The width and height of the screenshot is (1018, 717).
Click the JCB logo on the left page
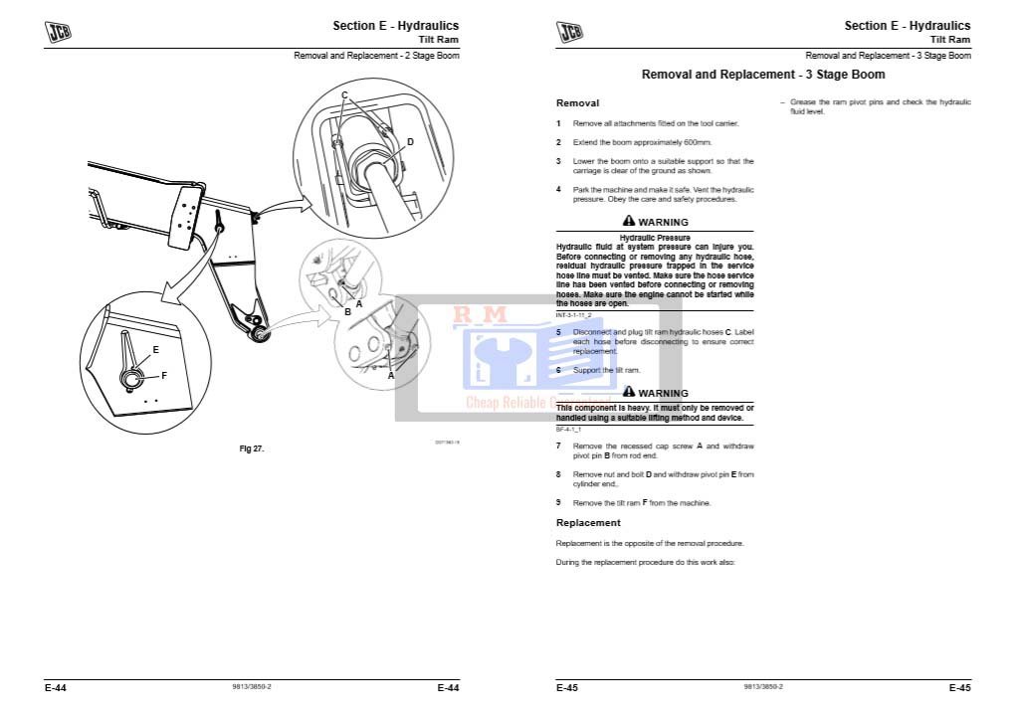tap(59, 32)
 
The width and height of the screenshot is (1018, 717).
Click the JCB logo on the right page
tap(570, 32)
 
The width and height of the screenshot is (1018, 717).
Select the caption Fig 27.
tap(252, 448)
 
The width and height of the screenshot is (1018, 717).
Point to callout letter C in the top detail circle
tap(344, 95)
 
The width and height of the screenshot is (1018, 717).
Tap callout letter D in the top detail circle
tap(409, 142)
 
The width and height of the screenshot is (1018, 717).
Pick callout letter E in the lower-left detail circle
tap(155, 350)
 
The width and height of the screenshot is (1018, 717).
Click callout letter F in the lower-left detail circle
tap(163, 375)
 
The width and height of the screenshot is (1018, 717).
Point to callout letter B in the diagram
tap(347, 312)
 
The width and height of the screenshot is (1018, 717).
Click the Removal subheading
tap(577, 103)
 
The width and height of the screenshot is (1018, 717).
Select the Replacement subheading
tap(587, 523)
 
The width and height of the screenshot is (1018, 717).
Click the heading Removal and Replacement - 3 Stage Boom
tap(762, 75)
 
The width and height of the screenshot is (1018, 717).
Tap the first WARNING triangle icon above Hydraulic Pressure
tap(628, 222)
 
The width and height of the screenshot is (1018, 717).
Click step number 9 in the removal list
tap(558, 503)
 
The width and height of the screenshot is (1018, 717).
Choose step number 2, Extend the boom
tap(558, 142)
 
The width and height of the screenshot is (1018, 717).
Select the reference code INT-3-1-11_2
tap(578, 313)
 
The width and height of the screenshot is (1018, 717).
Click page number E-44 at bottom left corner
tap(55, 687)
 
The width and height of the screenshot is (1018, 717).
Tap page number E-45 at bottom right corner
tap(959, 687)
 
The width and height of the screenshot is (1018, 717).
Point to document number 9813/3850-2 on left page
tap(251, 687)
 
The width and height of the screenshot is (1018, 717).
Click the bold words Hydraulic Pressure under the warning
tap(655, 238)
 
